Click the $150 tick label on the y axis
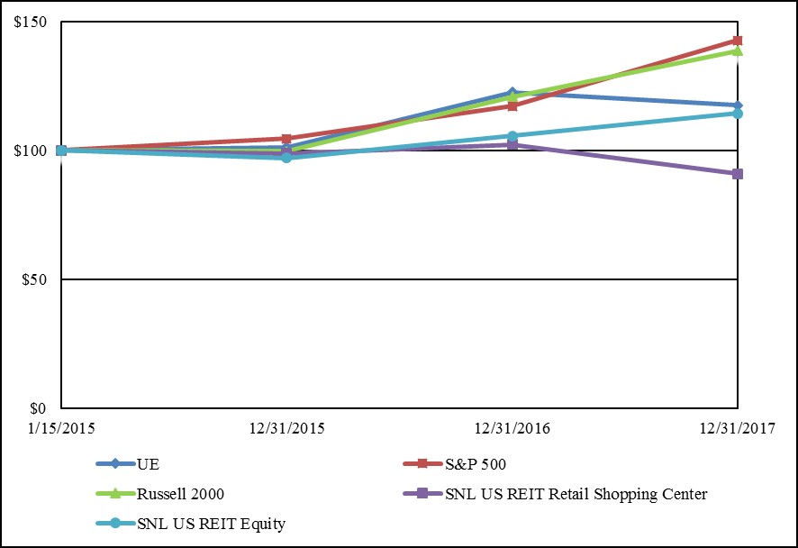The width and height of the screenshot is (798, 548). coord(32,23)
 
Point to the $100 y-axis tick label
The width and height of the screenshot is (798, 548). coord(32,151)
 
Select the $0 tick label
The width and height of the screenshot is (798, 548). coord(40,408)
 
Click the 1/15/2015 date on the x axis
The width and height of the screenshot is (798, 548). coord(61,425)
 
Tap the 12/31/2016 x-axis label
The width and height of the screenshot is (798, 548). coord(512,425)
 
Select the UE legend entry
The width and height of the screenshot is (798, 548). coord(148,465)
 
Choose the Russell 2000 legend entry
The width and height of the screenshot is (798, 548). coord(180,494)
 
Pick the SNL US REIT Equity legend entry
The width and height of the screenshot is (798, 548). coord(211,523)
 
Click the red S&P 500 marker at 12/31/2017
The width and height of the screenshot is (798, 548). coord(738,41)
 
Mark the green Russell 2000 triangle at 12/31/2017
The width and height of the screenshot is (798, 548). coord(738,51)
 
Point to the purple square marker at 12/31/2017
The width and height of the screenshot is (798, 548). coord(738,174)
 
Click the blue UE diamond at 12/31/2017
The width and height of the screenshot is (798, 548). coord(738,105)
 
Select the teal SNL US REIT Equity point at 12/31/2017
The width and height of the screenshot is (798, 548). coord(738,114)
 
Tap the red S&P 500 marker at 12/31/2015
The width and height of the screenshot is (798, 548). coord(286,139)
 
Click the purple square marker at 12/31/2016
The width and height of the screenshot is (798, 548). coord(512,144)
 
